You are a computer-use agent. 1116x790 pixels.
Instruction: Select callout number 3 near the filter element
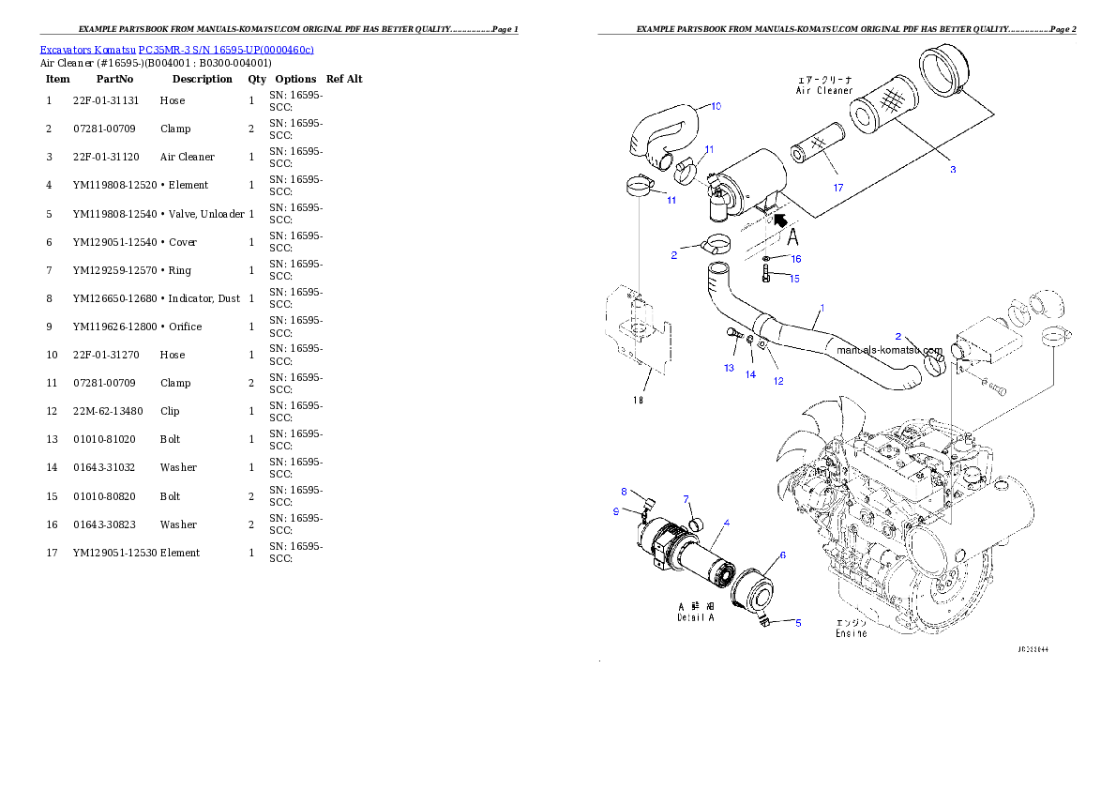click(952, 170)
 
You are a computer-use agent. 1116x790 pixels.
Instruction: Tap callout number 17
click(838, 188)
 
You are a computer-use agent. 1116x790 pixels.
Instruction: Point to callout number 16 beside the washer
click(795, 258)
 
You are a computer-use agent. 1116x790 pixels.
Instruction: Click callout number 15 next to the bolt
click(793, 278)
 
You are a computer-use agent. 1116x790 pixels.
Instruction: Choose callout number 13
click(729, 368)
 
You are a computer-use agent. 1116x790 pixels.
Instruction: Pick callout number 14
click(750, 374)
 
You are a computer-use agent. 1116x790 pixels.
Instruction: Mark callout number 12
click(778, 381)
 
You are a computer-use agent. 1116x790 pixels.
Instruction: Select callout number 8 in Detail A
click(624, 491)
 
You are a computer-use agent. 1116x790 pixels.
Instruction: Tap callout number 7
click(686, 498)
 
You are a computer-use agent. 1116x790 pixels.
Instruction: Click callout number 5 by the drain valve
click(798, 622)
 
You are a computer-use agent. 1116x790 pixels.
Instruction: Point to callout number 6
click(782, 555)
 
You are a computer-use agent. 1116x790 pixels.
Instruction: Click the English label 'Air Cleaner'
click(824, 91)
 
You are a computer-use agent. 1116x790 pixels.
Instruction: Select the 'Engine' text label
click(851, 633)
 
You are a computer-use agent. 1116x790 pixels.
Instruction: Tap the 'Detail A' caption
click(696, 617)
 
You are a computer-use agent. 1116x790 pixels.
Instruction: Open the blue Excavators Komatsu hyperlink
click(176, 49)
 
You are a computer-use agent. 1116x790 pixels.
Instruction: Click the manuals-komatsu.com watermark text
click(888, 350)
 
